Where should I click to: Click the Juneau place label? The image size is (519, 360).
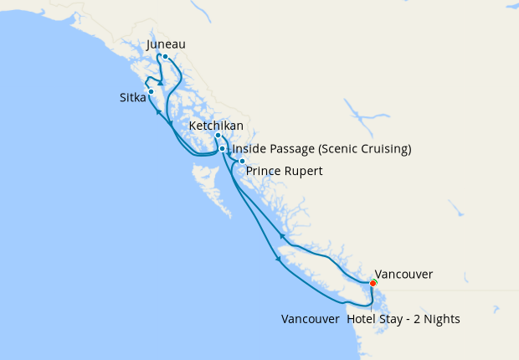click(x=165, y=44)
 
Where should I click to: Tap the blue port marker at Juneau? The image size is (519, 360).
click(x=166, y=57)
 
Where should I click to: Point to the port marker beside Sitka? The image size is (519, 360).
click(x=151, y=91)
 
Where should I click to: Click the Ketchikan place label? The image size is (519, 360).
click(x=216, y=126)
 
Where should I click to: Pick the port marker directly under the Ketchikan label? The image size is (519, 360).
click(x=218, y=136)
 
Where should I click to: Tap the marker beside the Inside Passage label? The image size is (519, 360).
click(x=222, y=149)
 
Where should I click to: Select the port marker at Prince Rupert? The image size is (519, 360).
click(x=242, y=161)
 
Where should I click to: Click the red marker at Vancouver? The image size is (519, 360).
click(x=373, y=283)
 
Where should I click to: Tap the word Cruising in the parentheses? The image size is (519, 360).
click(x=384, y=150)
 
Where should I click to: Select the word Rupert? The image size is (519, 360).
click(x=303, y=171)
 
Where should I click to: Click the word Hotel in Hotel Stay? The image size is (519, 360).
click(x=362, y=319)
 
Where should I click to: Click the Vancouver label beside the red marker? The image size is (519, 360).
click(x=403, y=274)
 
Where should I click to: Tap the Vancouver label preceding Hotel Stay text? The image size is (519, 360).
click(x=310, y=319)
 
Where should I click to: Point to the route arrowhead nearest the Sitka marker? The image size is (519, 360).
click(x=157, y=111)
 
